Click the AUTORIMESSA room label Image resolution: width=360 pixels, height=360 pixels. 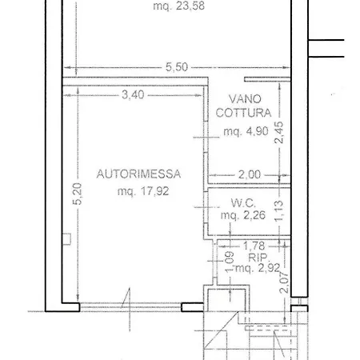[138, 174]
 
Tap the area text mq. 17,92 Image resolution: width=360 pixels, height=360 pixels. [143, 191]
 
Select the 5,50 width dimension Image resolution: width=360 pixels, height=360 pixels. [177, 67]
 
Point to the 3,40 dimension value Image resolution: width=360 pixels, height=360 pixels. [133, 94]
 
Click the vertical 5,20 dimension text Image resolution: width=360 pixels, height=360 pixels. [78, 194]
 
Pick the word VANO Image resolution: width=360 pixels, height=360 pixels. [245, 99]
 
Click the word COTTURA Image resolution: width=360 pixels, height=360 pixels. [243, 113]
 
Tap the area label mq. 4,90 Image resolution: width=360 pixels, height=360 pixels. [246, 131]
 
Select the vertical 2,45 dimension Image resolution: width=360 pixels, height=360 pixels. [279, 133]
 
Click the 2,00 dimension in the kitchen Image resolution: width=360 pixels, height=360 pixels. [250, 174]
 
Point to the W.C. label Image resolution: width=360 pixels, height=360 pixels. [243, 203]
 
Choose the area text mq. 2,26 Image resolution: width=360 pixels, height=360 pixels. [243, 215]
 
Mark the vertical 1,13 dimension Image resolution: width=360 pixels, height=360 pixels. [278, 211]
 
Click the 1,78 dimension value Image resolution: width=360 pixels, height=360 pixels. [254, 246]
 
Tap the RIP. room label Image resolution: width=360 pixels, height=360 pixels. [258, 258]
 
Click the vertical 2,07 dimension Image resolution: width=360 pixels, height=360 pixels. [284, 282]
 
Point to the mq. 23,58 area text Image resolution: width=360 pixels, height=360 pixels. [179, 6]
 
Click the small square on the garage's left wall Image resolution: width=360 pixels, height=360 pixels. [66, 239]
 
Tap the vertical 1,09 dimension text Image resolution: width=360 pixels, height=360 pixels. [229, 262]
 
